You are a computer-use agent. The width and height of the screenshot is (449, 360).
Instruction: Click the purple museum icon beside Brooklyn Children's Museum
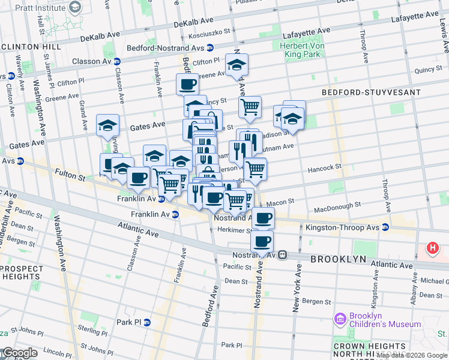point(341,318)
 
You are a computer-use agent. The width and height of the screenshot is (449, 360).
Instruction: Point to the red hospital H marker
point(432,248)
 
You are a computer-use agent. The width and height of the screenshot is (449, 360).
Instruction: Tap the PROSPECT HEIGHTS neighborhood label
point(22,272)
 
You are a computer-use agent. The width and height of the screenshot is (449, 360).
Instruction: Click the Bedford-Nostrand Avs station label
point(165,47)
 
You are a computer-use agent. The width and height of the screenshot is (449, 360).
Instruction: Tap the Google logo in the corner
point(19,353)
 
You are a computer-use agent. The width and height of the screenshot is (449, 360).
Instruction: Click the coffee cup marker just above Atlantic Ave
point(262,241)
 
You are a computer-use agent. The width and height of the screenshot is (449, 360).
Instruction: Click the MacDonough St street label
point(337,207)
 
